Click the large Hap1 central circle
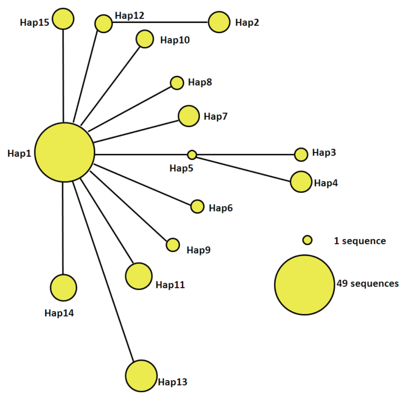[x=65, y=152]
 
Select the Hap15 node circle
[x=63, y=19]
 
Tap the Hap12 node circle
[x=103, y=23]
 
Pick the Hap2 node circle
[x=219, y=22]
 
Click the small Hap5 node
[x=192, y=155]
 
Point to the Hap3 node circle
[x=301, y=154]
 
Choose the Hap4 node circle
[x=301, y=182]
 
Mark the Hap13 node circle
[x=141, y=376]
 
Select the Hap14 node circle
[x=63, y=288]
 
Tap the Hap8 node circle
[x=177, y=83]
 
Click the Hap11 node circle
[x=139, y=276]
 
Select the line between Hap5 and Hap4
[x=243, y=169]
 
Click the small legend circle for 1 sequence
[x=307, y=240]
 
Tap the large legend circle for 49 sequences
[x=304, y=285]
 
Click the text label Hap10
[x=175, y=40]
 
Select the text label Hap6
[x=221, y=208]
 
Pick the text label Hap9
[x=198, y=250]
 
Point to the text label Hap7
[x=216, y=116]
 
